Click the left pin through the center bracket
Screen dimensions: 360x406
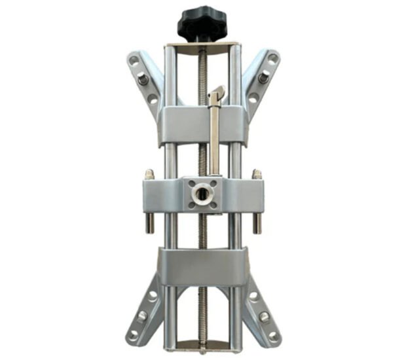[x=150, y=203]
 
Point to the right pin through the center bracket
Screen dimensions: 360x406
[x=257, y=203]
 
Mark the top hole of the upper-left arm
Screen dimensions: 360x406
[x=134, y=60]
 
